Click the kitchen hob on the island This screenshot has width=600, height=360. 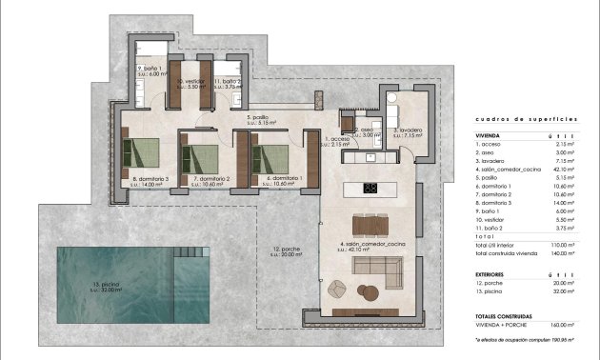[x=370, y=188]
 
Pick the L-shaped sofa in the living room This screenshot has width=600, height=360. [x=380, y=275]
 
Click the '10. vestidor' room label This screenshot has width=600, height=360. [x=191, y=83]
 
